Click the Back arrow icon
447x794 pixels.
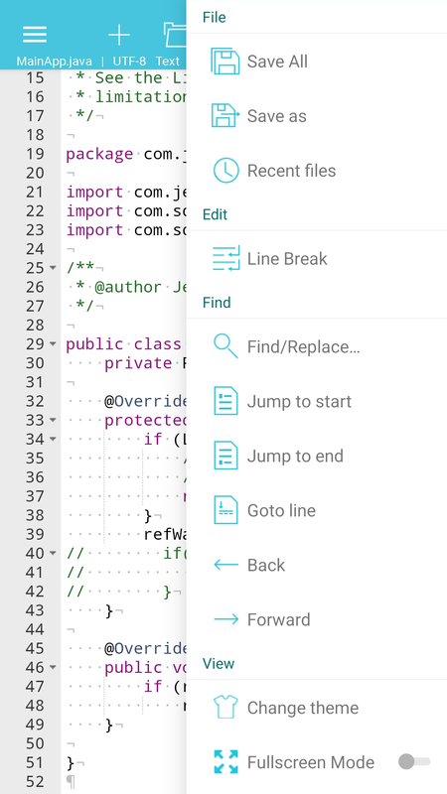click(226, 565)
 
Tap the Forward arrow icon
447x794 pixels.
click(226, 619)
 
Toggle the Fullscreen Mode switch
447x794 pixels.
click(414, 761)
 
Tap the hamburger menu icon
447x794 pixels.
click(35, 35)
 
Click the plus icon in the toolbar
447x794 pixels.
click(119, 35)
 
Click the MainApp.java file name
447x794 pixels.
click(55, 62)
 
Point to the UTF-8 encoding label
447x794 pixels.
click(129, 62)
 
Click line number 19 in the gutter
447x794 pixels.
click(35, 154)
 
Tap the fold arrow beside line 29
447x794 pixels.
click(53, 344)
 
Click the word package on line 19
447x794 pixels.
click(100, 155)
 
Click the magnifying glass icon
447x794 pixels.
click(225, 346)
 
